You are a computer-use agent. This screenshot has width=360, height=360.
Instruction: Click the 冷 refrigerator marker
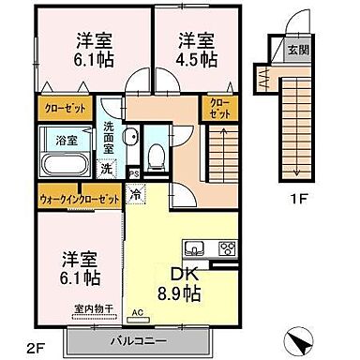click(x=137, y=197)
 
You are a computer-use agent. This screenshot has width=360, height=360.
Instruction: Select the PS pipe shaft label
click(x=133, y=172)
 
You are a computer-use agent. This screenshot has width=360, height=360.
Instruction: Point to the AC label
click(x=137, y=312)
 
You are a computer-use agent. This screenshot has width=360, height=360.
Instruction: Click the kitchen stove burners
click(x=226, y=248)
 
